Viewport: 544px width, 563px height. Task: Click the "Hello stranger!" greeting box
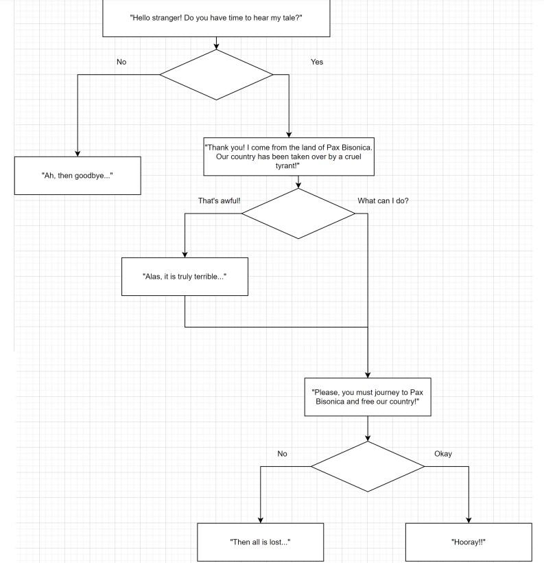pos(216,18)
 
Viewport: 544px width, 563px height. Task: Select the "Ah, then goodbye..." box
pos(78,176)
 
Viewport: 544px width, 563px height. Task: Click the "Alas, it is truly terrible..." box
pos(185,276)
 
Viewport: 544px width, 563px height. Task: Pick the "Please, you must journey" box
pos(368,397)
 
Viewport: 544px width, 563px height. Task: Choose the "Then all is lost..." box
pos(260,542)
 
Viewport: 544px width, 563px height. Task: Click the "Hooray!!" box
pos(469,542)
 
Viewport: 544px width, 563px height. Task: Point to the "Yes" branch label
pos(316,62)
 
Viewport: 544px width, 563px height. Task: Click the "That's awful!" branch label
pos(220,201)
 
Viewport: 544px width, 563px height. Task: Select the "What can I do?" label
pos(383,201)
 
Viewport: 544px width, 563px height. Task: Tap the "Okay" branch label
pos(443,454)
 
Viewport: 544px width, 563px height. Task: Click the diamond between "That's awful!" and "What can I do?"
pos(298,214)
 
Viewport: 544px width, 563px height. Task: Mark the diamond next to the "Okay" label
pos(368,467)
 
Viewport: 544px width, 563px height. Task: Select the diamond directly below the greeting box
pos(216,74)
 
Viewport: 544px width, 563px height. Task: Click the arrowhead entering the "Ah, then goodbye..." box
pos(78,153)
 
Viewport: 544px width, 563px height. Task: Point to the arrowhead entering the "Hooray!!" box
pos(469,519)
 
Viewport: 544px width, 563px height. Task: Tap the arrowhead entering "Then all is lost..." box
pos(260,519)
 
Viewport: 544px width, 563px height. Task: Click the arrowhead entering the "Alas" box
pos(185,254)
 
